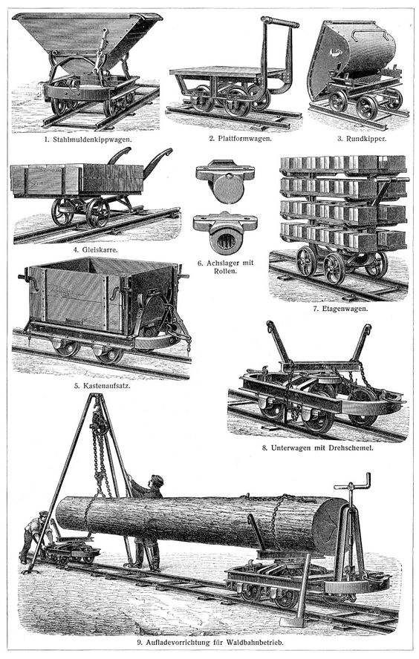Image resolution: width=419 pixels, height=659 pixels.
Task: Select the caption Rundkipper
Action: coord(366,138)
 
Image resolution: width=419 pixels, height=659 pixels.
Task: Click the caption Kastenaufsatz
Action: coord(105,385)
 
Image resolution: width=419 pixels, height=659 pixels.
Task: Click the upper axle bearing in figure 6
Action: coord(225,181)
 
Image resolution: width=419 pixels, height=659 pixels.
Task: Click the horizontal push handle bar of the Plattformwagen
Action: coord(280,22)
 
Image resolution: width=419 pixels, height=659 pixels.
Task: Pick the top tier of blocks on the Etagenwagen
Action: coord(343,165)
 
